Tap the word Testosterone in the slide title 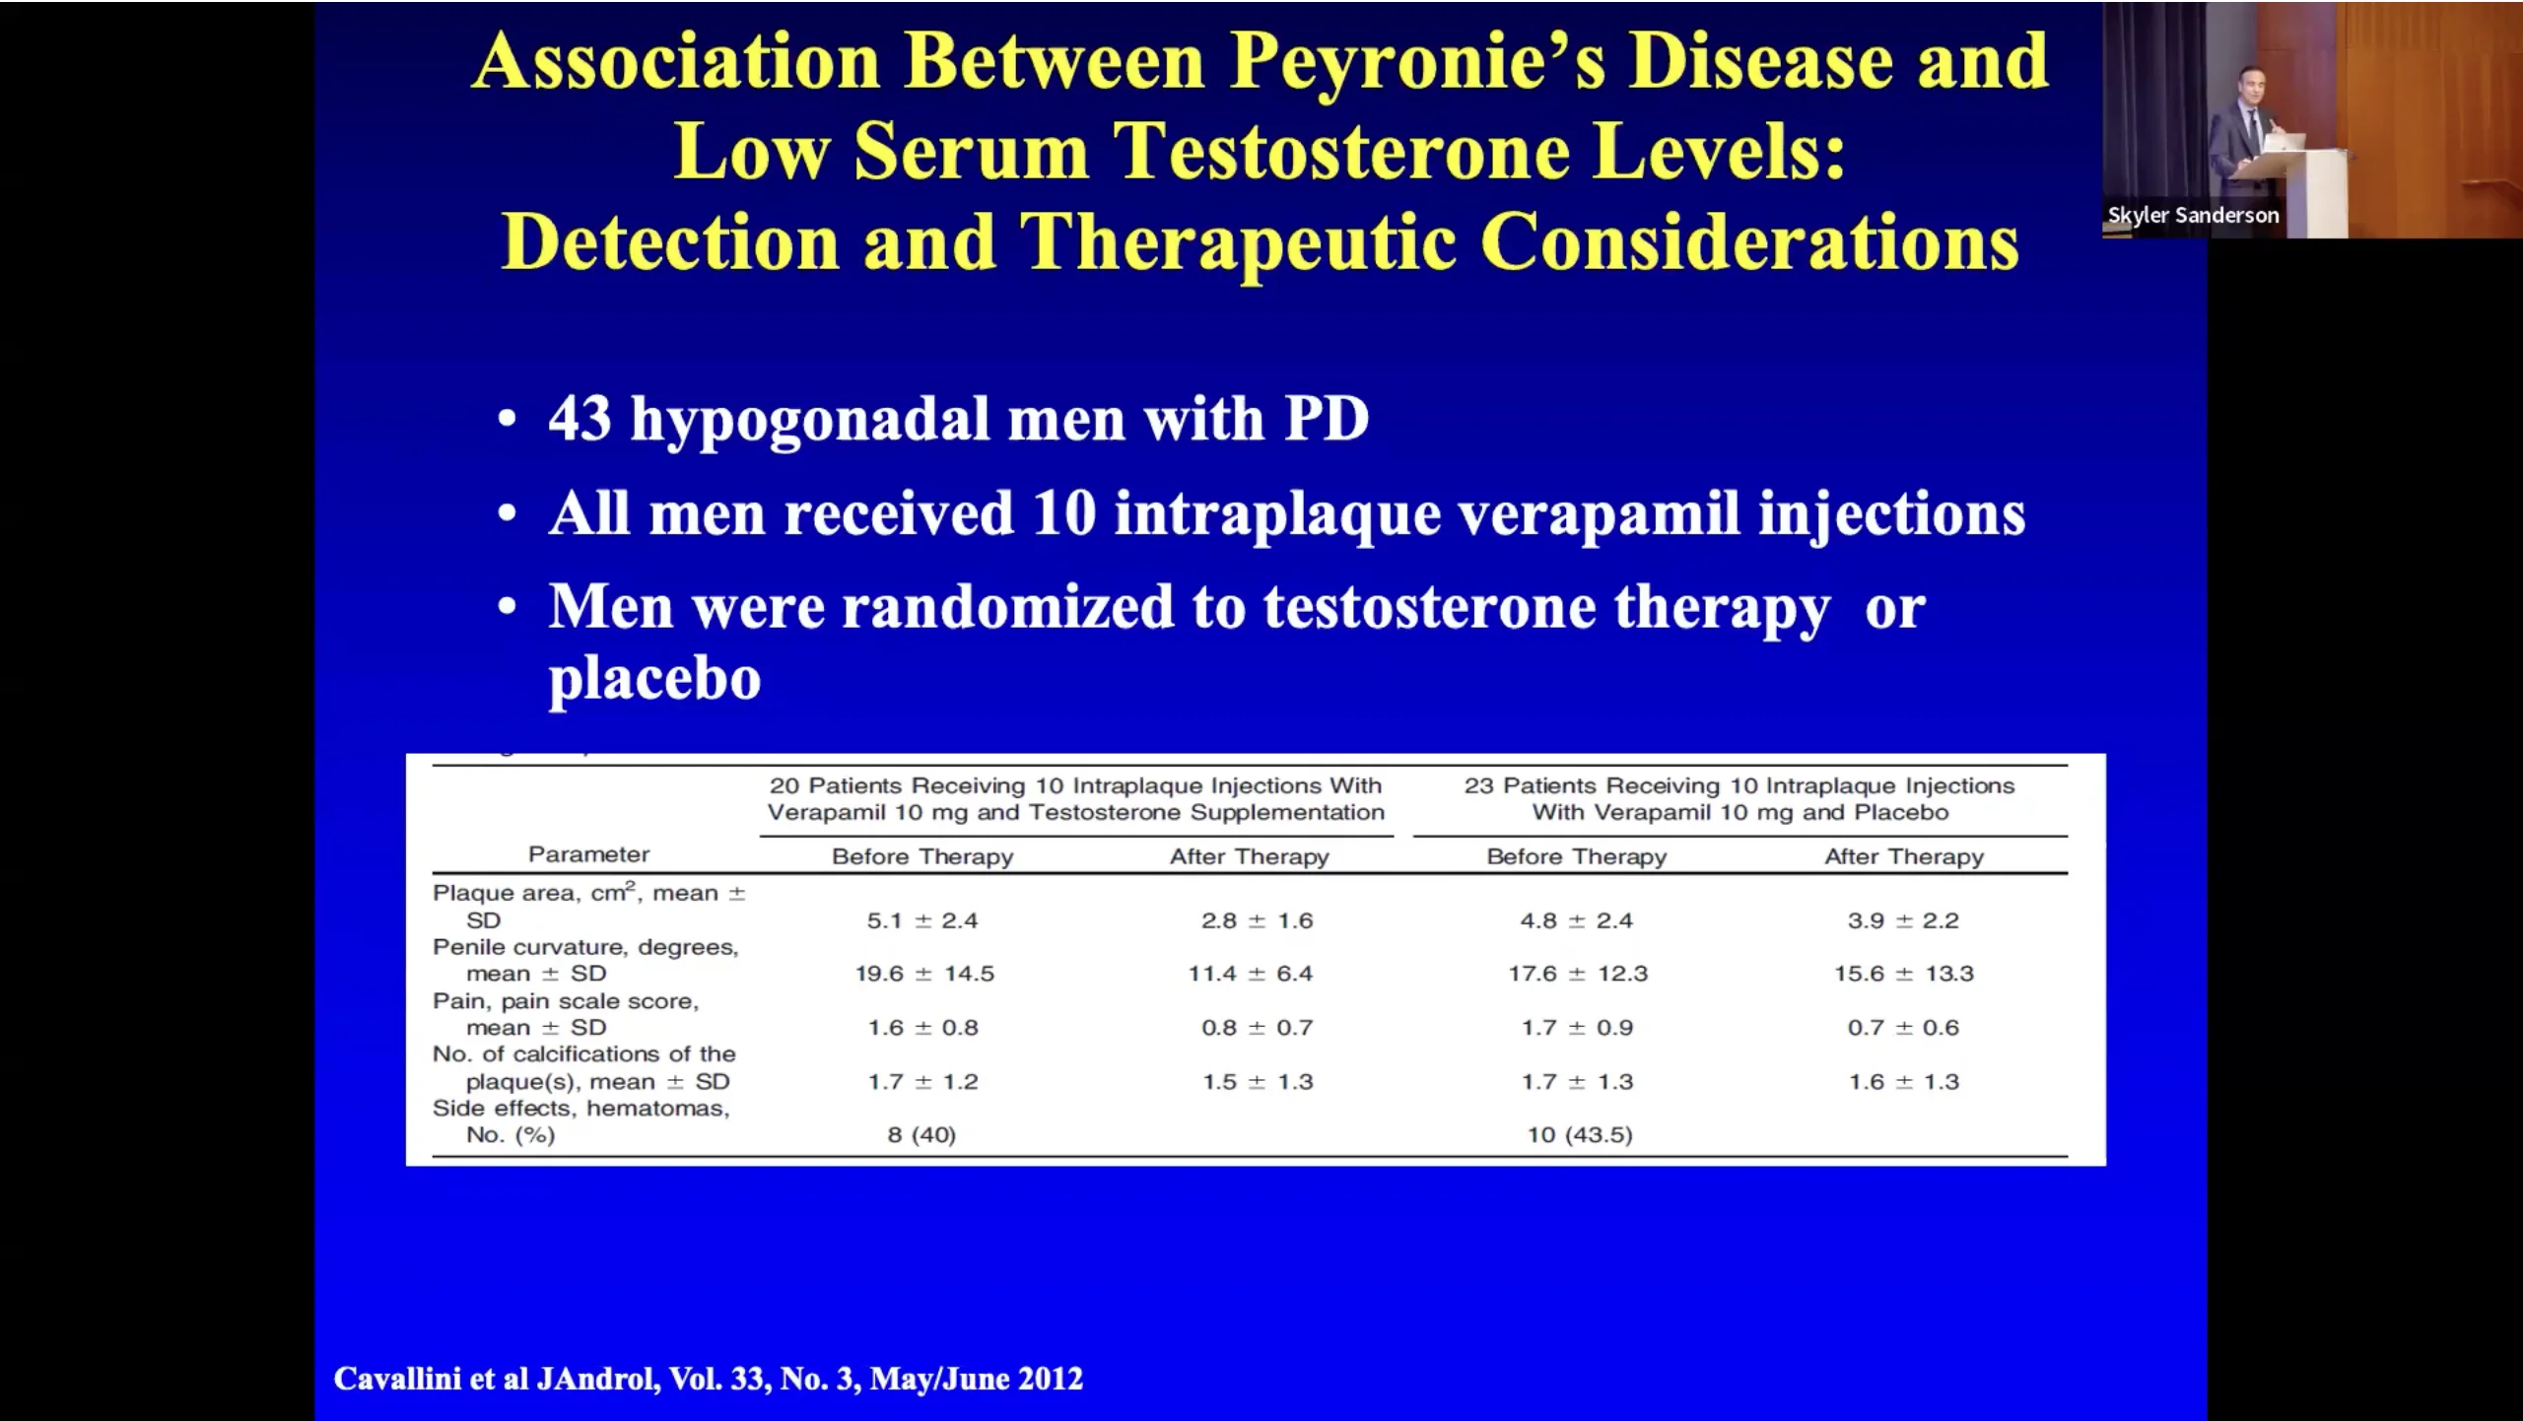[x=1340, y=153]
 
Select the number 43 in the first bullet [x=580, y=419]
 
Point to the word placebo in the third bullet [x=655, y=679]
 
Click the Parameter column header [x=588, y=854]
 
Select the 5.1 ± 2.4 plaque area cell [x=922, y=920]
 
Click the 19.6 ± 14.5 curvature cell [x=924, y=974]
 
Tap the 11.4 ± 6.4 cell [x=1251, y=974]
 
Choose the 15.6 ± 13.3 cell [x=1904, y=974]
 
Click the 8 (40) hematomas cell [x=921, y=1135]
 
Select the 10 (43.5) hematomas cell [x=1580, y=1135]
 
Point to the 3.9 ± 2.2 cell [x=1903, y=920]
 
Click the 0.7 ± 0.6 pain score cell [x=1903, y=1028]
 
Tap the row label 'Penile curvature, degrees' [x=585, y=948]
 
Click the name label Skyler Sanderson [x=2193, y=216]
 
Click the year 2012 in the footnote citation [x=1051, y=1379]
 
